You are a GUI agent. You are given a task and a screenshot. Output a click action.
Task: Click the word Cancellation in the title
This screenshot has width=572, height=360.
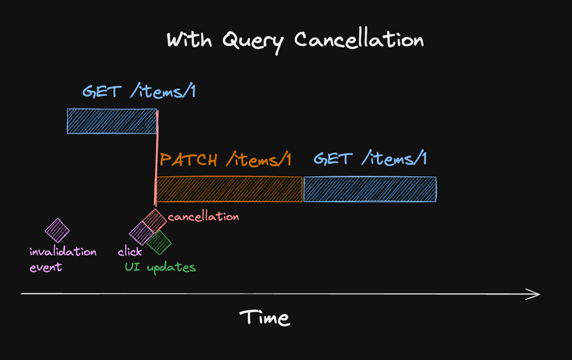click(x=359, y=41)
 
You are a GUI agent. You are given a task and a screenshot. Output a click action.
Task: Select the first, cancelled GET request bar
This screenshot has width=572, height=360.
click(x=111, y=121)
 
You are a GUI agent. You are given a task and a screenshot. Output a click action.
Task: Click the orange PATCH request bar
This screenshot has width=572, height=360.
click(x=229, y=189)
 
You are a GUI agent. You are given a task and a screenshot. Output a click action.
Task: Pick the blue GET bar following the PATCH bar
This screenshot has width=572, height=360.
click(x=369, y=189)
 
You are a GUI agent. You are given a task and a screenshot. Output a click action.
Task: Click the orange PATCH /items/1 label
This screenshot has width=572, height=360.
click(x=225, y=160)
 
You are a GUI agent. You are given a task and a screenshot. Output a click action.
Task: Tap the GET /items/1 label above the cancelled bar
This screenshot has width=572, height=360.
click(x=139, y=92)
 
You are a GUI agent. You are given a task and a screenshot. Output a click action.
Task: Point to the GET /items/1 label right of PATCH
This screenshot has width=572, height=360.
click(x=370, y=159)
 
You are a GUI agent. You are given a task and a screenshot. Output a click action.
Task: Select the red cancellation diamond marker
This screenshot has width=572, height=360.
click(x=154, y=221)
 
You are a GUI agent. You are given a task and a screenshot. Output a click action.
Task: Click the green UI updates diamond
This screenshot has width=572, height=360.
click(x=159, y=242)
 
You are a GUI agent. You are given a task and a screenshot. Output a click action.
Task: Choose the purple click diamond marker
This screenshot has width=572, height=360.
click(x=142, y=233)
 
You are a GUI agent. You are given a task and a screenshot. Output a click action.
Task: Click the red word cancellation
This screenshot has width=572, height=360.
click(x=203, y=216)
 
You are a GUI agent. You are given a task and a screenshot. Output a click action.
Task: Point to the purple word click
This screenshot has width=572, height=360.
click(x=130, y=252)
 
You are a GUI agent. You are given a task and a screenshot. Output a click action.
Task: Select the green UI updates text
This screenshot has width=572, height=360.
click(x=160, y=268)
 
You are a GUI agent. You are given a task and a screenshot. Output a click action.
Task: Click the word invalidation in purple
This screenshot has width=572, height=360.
click(x=63, y=252)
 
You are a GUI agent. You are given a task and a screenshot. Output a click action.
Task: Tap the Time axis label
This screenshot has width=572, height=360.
click(x=265, y=318)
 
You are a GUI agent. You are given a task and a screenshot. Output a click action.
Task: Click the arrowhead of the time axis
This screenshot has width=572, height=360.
click(x=535, y=293)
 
